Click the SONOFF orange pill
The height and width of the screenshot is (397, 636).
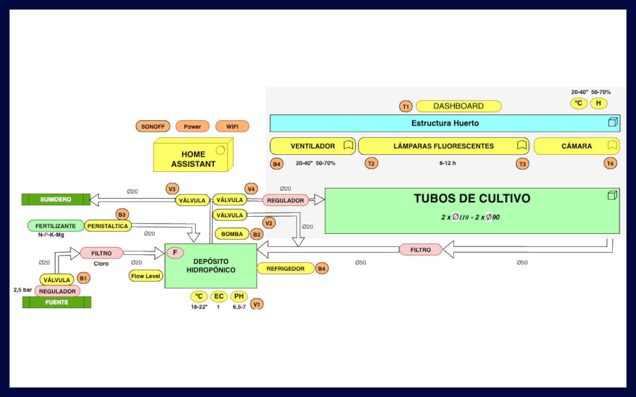(x=153, y=126)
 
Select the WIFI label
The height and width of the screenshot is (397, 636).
(x=232, y=126)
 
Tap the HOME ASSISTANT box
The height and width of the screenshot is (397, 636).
(x=193, y=159)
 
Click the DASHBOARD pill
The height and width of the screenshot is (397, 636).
(x=458, y=106)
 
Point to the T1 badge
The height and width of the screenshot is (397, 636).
(x=406, y=106)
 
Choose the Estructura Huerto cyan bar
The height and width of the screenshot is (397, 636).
(x=445, y=123)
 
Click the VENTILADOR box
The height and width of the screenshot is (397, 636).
(x=313, y=146)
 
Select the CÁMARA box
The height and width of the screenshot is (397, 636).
(x=576, y=146)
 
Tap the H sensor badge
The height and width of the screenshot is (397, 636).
(x=598, y=103)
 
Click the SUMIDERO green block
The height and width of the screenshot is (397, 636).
(x=56, y=199)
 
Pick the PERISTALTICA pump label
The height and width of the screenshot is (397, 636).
(x=108, y=226)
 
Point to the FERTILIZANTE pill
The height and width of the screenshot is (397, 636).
(x=56, y=226)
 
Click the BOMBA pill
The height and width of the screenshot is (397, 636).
(x=232, y=234)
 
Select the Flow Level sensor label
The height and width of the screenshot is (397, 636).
(x=146, y=276)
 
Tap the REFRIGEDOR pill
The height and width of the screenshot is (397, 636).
(x=285, y=269)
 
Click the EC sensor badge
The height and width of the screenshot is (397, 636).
(x=219, y=296)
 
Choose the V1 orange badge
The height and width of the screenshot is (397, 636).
(x=257, y=304)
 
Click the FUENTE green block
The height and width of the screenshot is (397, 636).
(x=57, y=302)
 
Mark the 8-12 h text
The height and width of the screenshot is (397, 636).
(x=447, y=163)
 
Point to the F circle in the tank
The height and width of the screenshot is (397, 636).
(x=175, y=253)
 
